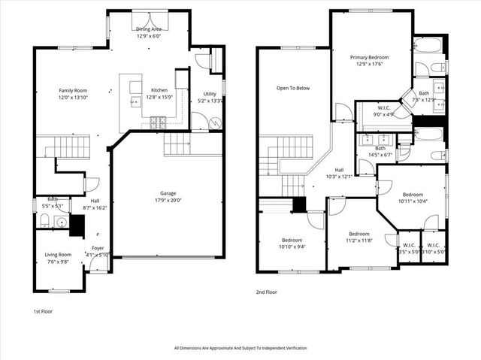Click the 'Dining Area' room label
pos(148,29)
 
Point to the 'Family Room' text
pos(74,90)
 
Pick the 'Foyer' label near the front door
pos(98,248)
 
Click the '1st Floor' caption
pos(43,310)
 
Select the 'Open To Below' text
pos(292,88)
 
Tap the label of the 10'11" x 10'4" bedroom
pos(413,193)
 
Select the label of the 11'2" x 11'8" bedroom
pos(358,233)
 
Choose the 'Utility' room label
pos(210,94)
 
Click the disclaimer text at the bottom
pos(240,348)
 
